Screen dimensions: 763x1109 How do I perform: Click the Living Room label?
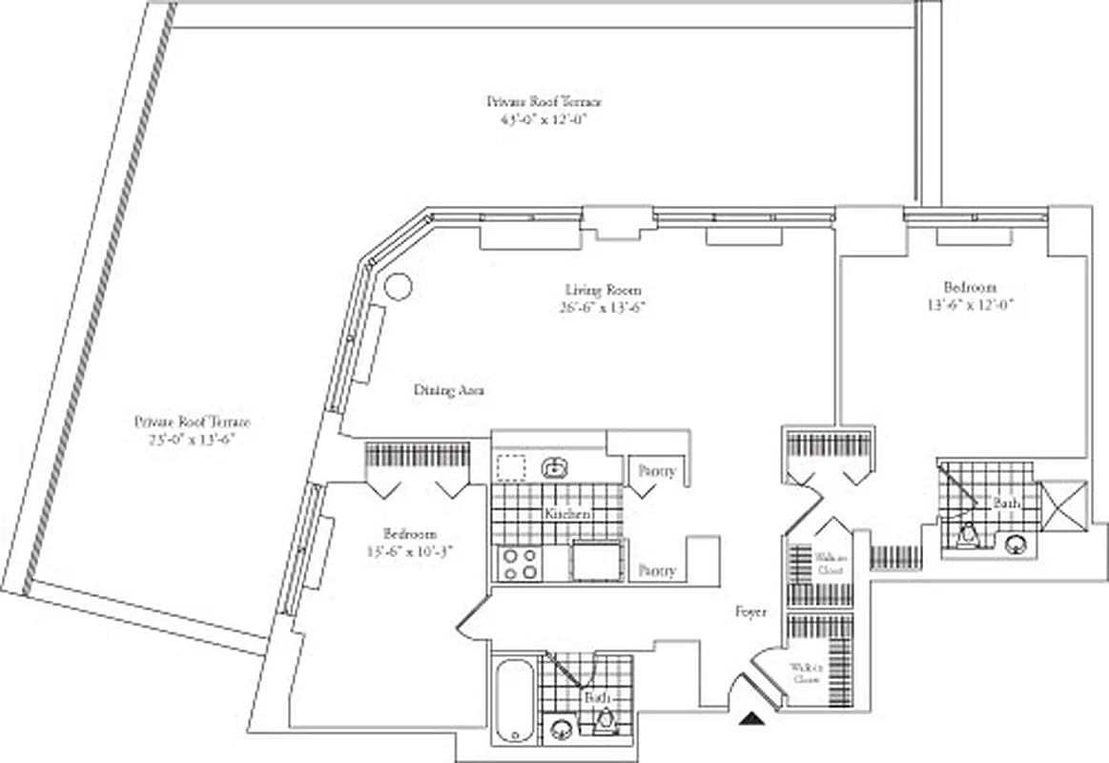click(x=603, y=290)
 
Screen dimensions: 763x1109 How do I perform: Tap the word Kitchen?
click(x=567, y=514)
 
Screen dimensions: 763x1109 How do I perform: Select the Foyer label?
click(x=750, y=612)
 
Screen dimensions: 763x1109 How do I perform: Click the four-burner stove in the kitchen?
click(x=518, y=563)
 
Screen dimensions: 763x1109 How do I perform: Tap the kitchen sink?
click(x=553, y=467)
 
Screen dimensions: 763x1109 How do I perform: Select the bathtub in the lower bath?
click(x=515, y=699)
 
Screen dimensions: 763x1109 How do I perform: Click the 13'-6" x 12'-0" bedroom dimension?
click(x=969, y=305)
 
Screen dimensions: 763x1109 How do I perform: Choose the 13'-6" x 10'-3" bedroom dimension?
click(x=401, y=551)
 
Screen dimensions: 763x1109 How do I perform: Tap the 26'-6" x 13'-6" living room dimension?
click(x=603, y=307)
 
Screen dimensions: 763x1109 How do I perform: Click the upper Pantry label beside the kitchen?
click(x=658, y=471)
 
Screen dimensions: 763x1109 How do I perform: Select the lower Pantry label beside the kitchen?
click(x=658, y=570)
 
